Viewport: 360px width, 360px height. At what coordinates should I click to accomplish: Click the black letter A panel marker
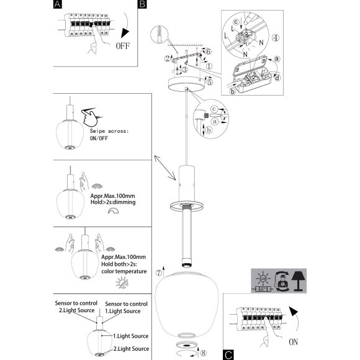click(x=57, y=4)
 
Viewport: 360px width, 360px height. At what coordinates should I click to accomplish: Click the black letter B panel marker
click(x=142, y=4)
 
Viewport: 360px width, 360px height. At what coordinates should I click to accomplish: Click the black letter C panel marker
click(x=228, y=355)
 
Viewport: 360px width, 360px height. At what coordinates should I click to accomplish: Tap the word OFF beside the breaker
click(x=123, y=46)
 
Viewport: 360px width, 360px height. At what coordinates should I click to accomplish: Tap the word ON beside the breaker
click(x=294, y=342)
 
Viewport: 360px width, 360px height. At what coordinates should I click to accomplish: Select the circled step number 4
click(x=276, y=38)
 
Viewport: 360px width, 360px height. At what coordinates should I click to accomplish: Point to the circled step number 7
click(x=159, y=273)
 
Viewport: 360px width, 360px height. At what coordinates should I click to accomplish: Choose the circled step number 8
click(x=204, y=353)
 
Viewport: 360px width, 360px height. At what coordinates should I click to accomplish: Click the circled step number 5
click(x=209, y=82)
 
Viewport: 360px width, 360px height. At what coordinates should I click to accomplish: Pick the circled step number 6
click(x=208, y=52)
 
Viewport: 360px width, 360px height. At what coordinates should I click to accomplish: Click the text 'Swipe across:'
click(x=109, y=131)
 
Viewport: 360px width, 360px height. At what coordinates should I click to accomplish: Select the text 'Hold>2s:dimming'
click(x=113, y=202)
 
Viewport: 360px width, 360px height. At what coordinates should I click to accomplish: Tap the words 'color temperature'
click(x=124, y=271)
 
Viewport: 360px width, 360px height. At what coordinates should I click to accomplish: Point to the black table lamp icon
click(x=298, y=281)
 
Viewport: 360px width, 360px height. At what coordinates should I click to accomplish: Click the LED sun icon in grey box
click(x=263, y=278)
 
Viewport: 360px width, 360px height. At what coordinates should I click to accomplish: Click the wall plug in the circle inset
click(x=160, y=34)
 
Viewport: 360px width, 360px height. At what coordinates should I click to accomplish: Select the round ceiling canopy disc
click(x=187, y=84)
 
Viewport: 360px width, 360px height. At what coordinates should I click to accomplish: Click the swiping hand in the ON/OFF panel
click(x=90, y=117)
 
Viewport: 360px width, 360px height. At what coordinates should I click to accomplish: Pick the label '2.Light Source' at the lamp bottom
click(x=131, y=349)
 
